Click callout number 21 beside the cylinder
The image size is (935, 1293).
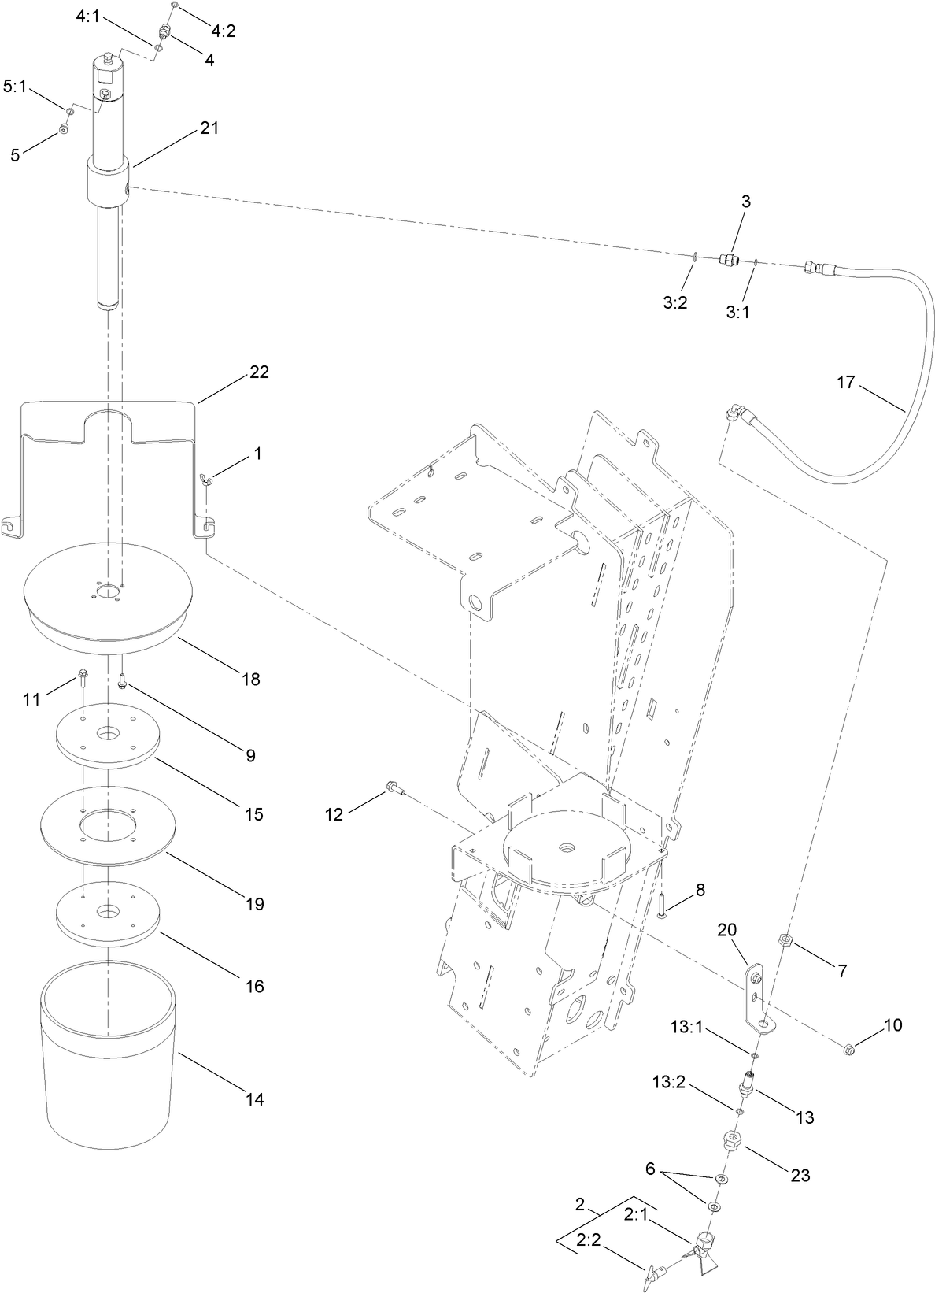click(x=209, y=128)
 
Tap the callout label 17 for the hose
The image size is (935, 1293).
click(x=845, y=383)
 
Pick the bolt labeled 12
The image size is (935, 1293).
click(x=394, y=787)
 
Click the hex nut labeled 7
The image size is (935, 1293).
click(x=785, y=940)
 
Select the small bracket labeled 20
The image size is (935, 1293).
click(x=756, y=1000)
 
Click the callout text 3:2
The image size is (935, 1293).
click(x=675, y=302)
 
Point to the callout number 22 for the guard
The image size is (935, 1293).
click(x=259, y=372)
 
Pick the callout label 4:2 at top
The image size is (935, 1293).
click(x=223, y=31)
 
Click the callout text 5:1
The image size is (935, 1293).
click(x=15, y=87)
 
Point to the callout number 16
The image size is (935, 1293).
click(x=253, y=986)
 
